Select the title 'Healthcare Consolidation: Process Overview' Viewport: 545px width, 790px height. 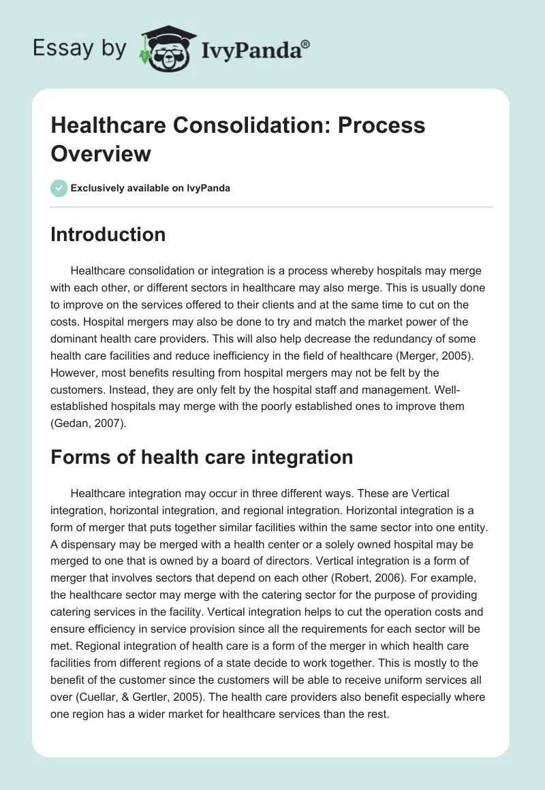click(x=238, y=139)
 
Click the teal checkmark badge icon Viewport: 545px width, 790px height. click(x=59, y=188)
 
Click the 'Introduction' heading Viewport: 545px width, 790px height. click(x=108, y=234)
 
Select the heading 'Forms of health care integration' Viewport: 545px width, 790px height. click(x=202, y=456)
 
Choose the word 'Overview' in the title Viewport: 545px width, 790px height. click(x=101, y=153)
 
